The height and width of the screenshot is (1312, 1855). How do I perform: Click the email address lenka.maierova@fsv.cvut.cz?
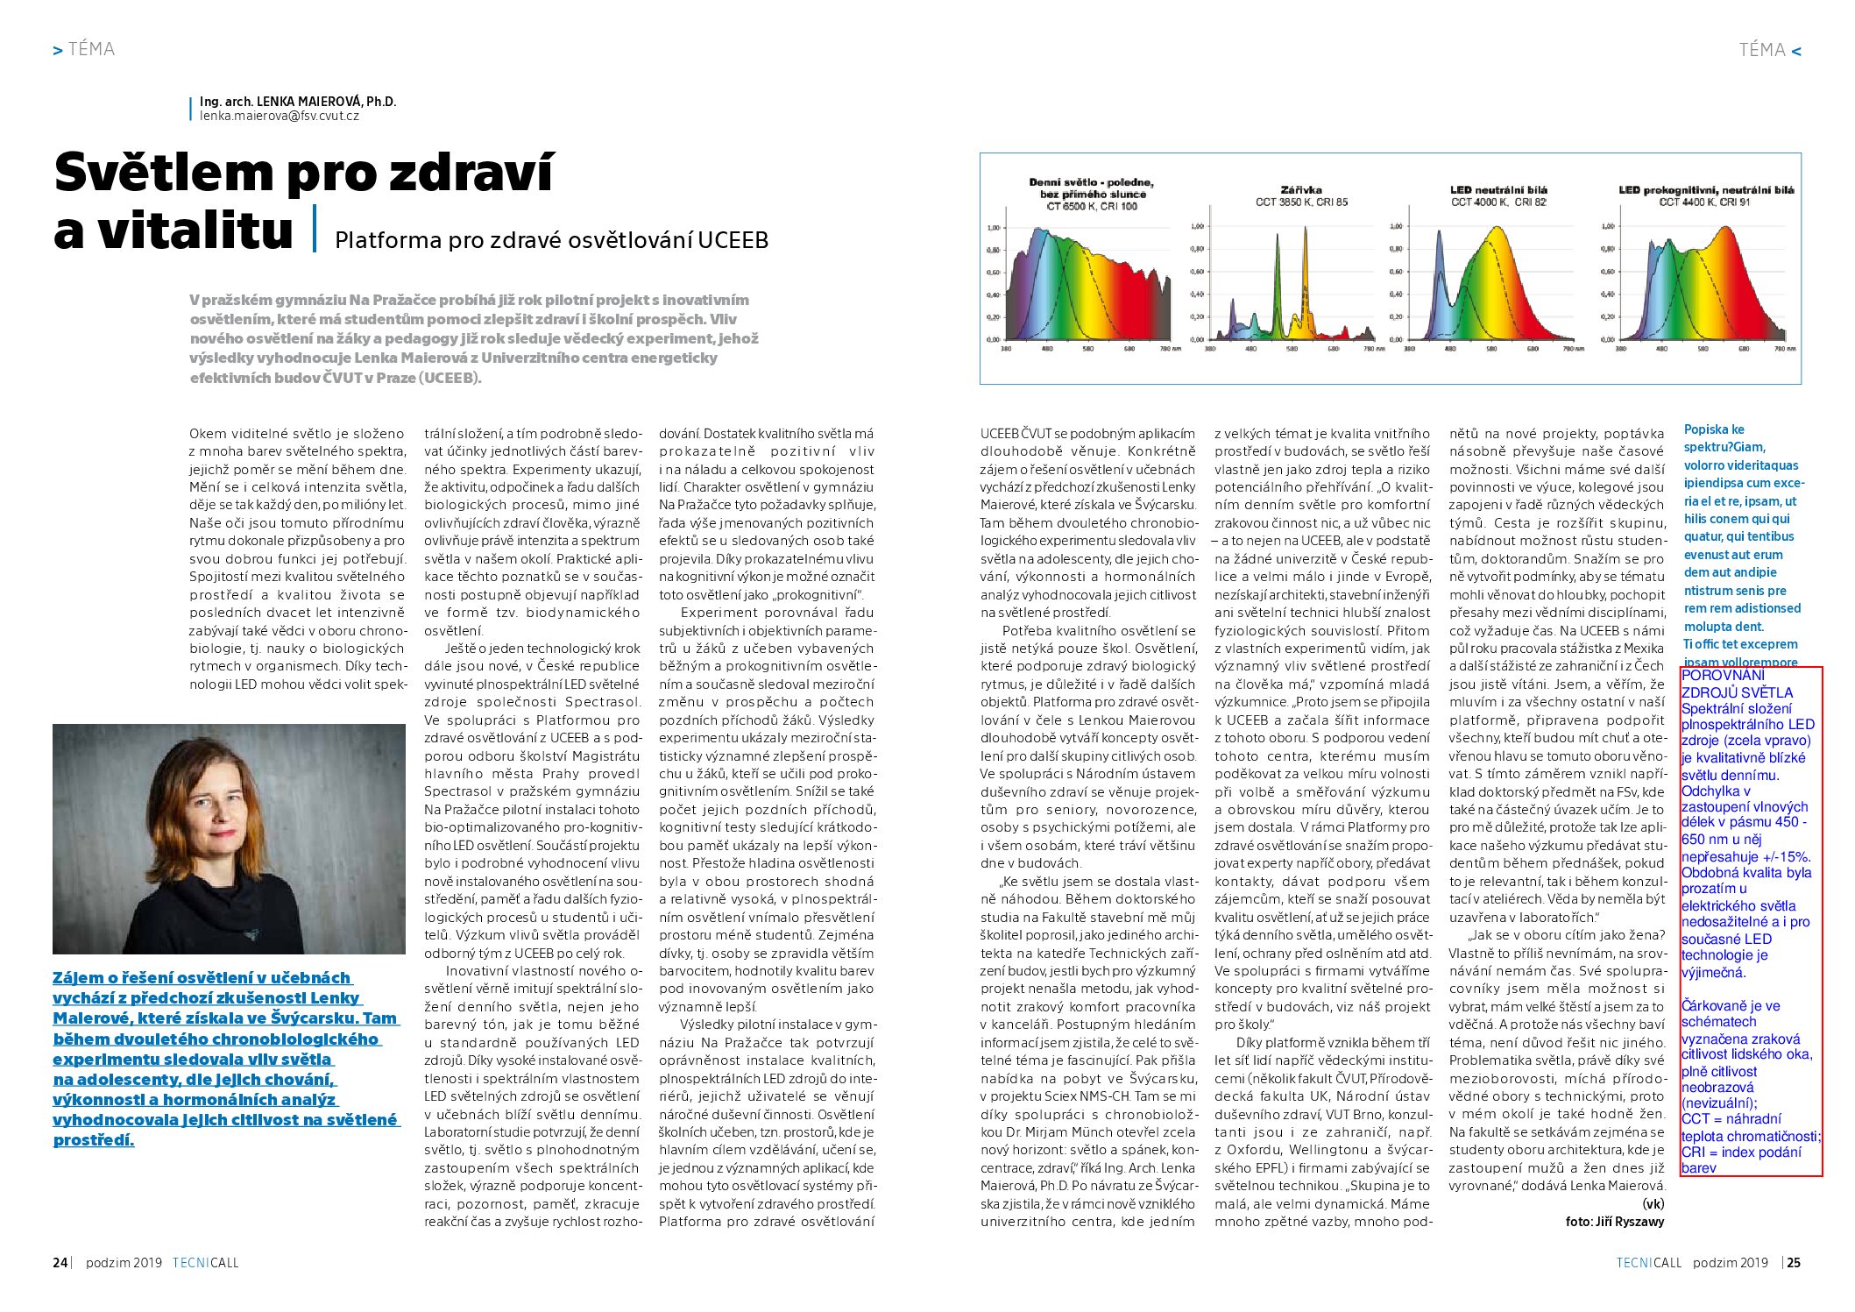coord(279,116)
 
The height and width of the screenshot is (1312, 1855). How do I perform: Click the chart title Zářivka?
coord(1300,189)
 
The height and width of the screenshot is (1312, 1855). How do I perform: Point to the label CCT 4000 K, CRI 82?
coord(1498,202)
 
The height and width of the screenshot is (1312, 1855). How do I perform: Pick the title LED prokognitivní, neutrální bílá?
coord(1706,189)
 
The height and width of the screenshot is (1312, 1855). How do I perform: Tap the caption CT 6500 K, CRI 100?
coord(1091,207)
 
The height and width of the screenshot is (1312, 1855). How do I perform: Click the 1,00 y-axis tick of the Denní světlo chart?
coord(994,228)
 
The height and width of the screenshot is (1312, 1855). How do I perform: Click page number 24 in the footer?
coord(60,1263)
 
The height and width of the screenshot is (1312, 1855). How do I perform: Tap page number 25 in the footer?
coord(1794,1263)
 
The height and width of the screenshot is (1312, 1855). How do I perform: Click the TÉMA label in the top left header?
coord(91,50)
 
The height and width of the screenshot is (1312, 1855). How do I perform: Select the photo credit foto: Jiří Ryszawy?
coord(1614,1221)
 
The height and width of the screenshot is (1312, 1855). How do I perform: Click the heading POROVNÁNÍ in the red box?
coord(1722,676)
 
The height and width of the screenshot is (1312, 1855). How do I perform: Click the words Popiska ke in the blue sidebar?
coord(1713,429)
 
